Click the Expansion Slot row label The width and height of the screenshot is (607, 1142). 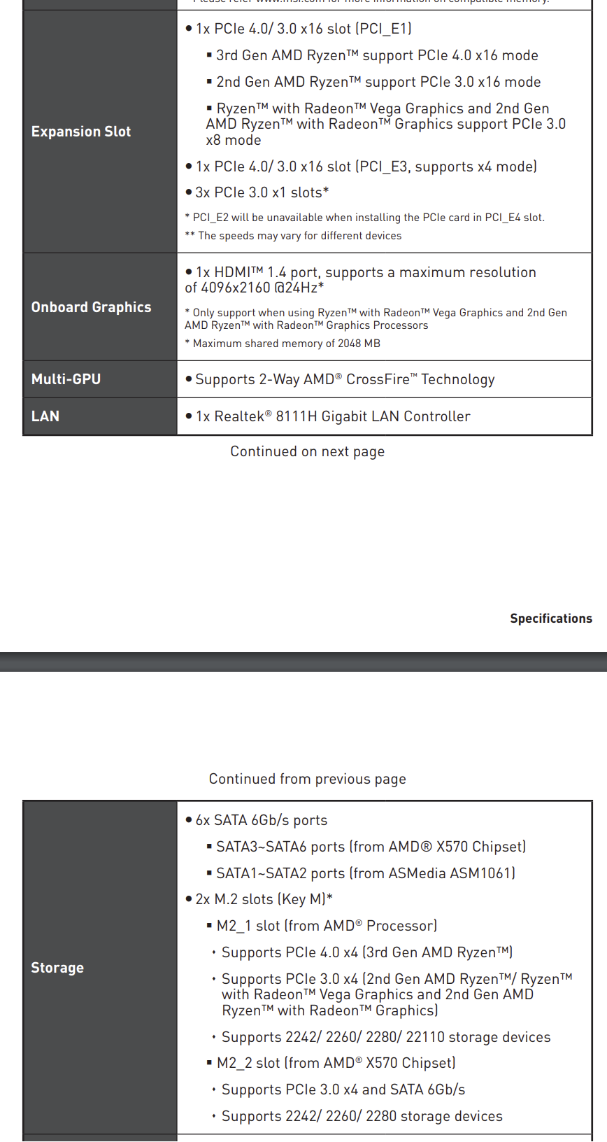coord(81,132)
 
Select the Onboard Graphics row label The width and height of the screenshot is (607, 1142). coord(91,307)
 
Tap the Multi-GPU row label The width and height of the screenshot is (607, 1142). coord(66,379)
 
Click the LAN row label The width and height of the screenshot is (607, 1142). coord(45,416)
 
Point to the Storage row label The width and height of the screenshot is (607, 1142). coord(57,968)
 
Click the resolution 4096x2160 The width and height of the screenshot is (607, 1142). coord(235,288)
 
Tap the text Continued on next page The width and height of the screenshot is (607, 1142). coord(308,451)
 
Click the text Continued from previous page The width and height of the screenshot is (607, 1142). coord(308,779)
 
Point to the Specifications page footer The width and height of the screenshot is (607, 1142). coord(551,619)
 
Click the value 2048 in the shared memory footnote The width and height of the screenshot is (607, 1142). coord(349,344)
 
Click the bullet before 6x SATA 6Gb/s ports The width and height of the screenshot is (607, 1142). coord(189,820)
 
